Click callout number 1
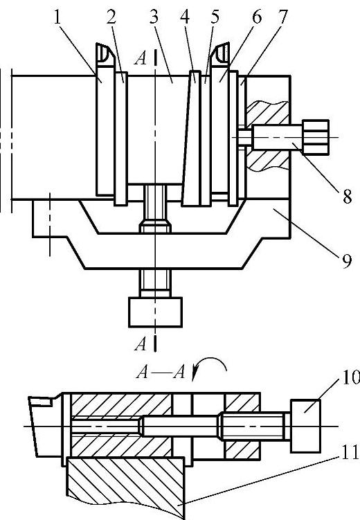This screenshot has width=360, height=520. pos(57,18)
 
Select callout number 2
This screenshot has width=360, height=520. pos(111,17)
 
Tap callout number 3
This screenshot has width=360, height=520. pos(154,17)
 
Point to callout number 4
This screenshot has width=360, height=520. pos(185,17)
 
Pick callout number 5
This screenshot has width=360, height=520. pos(215,17)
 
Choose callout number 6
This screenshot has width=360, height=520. pos(256,17)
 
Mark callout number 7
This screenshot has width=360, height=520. pos(282,17)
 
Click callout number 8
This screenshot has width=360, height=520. pos(347,197)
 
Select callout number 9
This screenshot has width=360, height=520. pos(346,261)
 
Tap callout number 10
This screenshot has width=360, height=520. pos(351,377)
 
